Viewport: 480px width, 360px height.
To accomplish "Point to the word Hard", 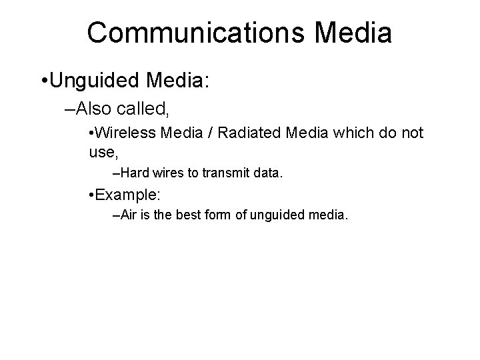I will click(135, 173).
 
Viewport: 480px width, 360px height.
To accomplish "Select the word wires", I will click(167, 173).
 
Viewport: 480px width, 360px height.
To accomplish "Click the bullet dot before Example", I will click(91, 195).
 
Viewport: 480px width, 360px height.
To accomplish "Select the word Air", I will click(131, 215).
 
